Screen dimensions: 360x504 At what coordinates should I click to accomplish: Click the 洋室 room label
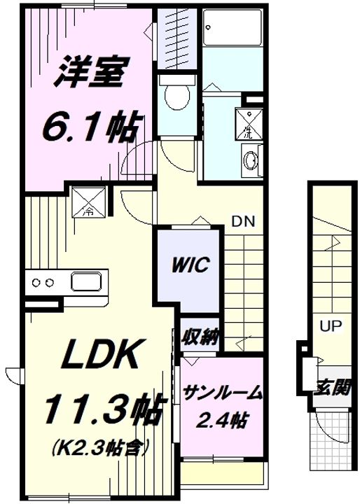[x=91, y=72]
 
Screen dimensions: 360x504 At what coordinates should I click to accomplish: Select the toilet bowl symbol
[x=176, y=94]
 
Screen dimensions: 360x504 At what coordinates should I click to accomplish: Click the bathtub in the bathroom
[x=233, y=27]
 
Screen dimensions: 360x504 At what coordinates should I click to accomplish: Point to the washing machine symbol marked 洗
[x=249, y=124]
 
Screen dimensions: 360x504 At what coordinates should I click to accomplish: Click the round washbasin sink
[x=251, y=160]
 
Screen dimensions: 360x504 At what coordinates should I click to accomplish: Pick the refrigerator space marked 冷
[x=89, y=202]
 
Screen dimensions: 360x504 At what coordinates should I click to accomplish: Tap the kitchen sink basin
[x=87, y=281]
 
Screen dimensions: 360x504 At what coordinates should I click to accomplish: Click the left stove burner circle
[x=36, y=283]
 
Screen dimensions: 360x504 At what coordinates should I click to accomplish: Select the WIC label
[x=191, y=265]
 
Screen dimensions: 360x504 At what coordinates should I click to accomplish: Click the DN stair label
[x=243, y=221]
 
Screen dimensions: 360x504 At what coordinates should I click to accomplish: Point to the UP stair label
[x=331, y=326]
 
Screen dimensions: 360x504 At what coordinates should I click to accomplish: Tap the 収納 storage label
[x=200, y=337]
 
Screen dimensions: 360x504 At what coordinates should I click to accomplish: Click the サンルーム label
[x=222, y=393]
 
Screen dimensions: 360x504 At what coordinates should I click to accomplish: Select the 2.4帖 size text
[x=222, y=419]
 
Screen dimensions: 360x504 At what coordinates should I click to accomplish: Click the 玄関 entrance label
[x=332, y=386]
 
